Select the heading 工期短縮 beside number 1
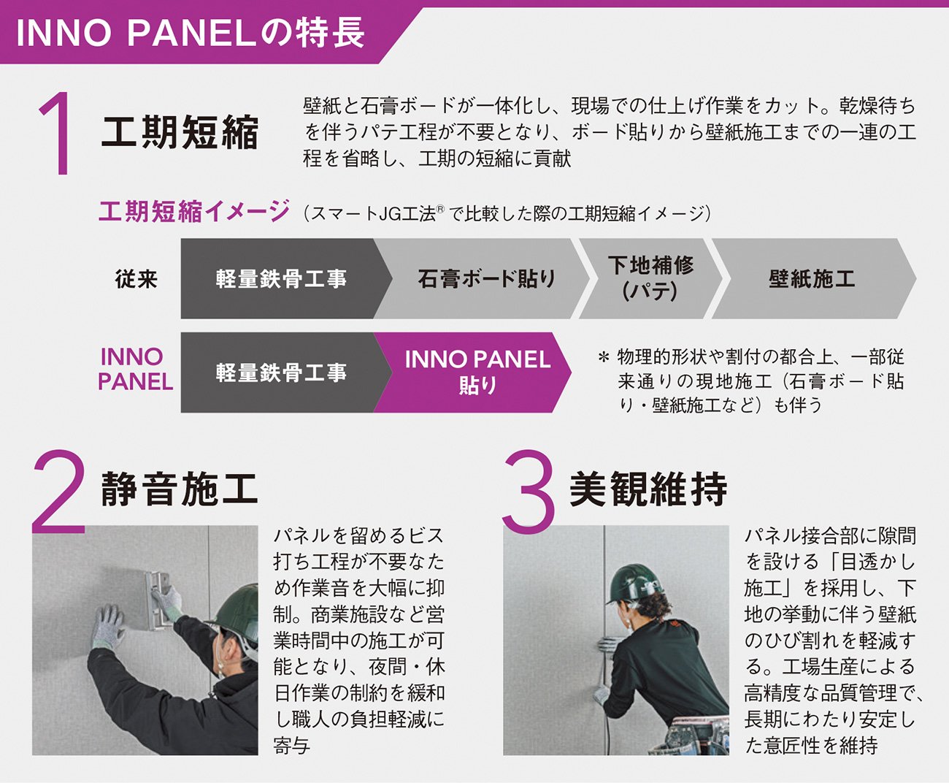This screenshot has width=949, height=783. point(180,132)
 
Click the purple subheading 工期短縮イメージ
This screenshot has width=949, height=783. point(194,211)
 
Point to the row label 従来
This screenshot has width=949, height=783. point(136,279)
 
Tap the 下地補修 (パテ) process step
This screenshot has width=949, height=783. point(650,278)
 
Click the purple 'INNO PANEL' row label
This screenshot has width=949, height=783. point(136,369)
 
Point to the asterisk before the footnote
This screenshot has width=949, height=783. point(604,358)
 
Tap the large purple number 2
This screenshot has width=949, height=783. point(58,491)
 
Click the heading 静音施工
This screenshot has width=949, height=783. point(180,489)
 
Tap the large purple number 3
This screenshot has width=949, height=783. point(529,492)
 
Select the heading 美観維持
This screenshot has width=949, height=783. point(648,489)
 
